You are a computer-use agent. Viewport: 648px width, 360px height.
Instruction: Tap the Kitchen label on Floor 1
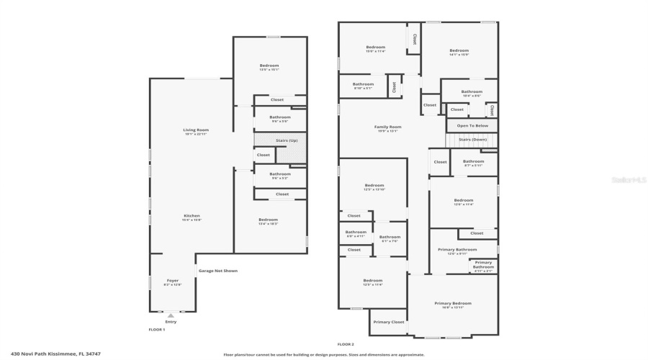point(191,217)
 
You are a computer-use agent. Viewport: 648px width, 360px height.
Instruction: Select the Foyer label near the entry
point(173,282)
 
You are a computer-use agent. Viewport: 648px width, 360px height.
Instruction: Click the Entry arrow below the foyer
point(171,315)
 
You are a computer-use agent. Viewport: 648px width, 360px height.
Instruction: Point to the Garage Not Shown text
point(217,271)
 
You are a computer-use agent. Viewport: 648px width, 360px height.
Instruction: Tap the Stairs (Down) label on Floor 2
point(472,139)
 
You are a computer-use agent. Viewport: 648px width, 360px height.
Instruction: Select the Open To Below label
point(472,125)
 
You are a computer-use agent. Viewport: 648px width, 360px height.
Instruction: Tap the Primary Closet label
point(388,322)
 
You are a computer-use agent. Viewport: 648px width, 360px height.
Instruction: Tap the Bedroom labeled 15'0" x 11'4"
point(375,49)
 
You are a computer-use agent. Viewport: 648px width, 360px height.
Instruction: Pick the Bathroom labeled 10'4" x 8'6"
point(472,93)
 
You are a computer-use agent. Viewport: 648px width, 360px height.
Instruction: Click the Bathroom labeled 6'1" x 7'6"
point(390,238)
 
